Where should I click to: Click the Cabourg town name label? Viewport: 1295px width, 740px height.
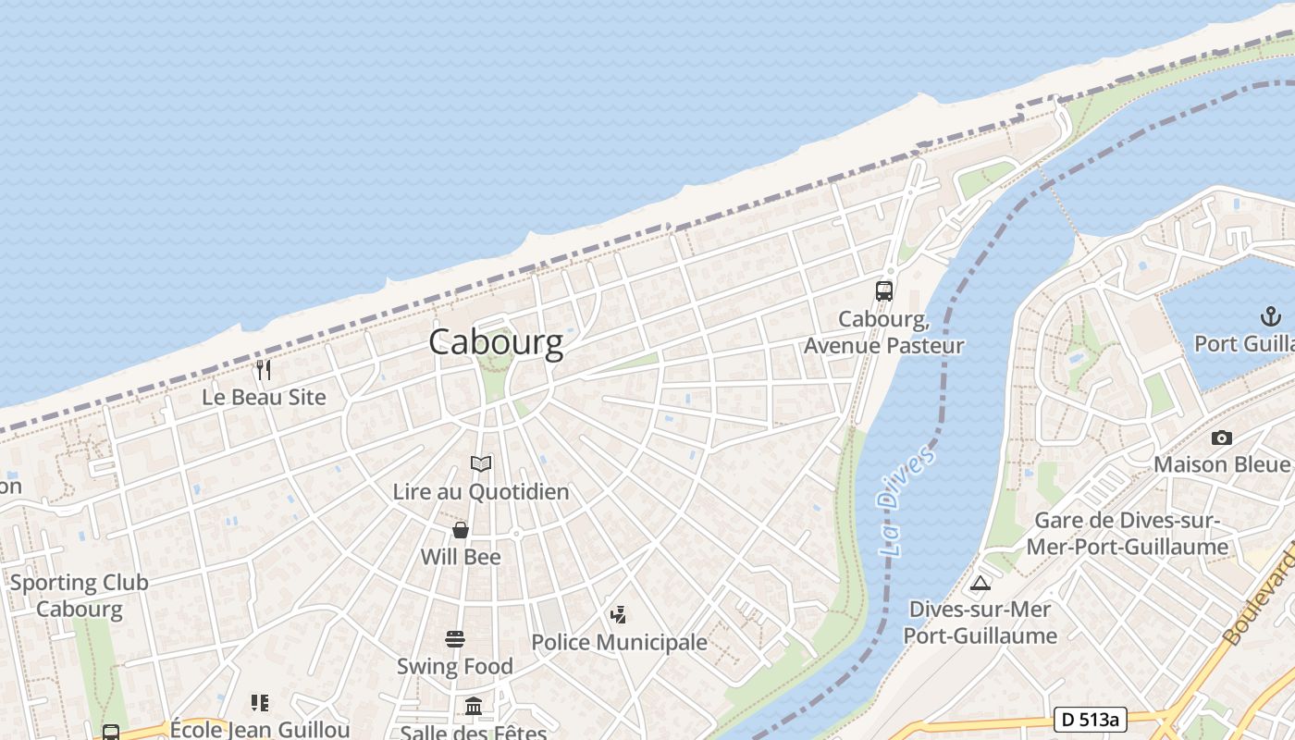(x=496, y=343)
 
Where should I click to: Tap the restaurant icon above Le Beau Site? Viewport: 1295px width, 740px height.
(x=264, y=370)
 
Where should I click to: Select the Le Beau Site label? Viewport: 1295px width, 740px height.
(x=265, y=397)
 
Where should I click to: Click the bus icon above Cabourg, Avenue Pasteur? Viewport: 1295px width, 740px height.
(x=884, y=291)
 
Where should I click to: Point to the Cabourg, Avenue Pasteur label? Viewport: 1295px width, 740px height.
(x=883, y=332)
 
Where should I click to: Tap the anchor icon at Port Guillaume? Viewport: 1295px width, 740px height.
(x=1271, y=317)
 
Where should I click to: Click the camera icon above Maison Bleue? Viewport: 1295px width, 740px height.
(x=1221, y=438)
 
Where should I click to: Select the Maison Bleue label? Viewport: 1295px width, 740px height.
(x=1221, y=463)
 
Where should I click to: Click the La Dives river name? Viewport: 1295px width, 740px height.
(x=905, y=499)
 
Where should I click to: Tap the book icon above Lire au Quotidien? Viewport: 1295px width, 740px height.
(x=481, y=463)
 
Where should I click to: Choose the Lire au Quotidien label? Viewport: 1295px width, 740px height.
(x=481, y=491)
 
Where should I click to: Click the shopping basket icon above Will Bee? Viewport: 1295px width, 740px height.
(x=461, y=530)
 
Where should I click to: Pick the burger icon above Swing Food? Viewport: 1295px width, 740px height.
(x=454, y=639)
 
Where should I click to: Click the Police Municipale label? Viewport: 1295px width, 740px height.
(x=619, y=642)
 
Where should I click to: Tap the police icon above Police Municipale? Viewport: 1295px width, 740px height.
(x=618, y=614)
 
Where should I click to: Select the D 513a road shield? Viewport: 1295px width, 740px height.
(x=1091, y=720)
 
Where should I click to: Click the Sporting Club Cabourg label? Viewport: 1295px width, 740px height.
(x=79, y=596)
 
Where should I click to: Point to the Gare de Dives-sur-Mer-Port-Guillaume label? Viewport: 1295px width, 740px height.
(x=1128, y=534)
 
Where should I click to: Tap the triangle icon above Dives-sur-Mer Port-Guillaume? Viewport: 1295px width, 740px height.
(x=980, y=583)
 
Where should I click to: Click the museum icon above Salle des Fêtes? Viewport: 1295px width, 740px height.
(x=474, y=707)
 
